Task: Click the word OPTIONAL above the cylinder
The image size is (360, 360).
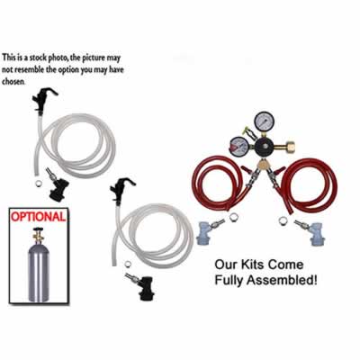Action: click(37, 217)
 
